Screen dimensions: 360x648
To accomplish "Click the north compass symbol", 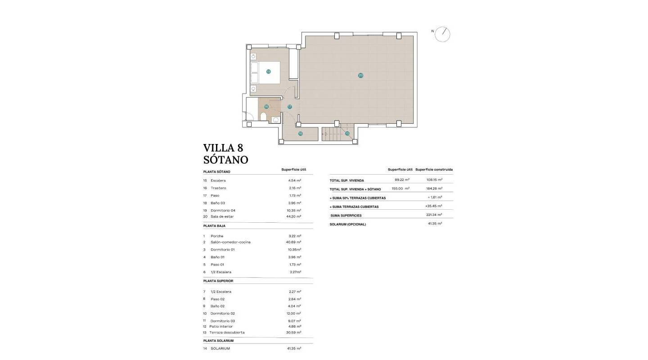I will pos(442,34).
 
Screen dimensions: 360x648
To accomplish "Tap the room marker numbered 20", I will pos(360,75).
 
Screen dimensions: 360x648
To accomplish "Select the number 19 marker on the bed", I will pos(268,72).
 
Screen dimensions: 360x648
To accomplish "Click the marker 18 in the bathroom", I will pos(266,107).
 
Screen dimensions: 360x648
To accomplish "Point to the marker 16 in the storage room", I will pos(300,133).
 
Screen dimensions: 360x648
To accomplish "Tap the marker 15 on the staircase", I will pos(347,133).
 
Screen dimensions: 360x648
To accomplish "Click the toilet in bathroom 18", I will pos(263,117).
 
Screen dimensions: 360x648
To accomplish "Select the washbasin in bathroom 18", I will pos(275,120).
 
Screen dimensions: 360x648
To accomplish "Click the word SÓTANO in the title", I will pos(225,160).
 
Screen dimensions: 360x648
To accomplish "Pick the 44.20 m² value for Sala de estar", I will pos(295,216).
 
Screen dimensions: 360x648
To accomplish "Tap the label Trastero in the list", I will pos(218,188).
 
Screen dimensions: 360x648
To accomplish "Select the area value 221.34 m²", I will pos(434,215).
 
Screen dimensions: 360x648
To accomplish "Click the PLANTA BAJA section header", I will pos(214,226).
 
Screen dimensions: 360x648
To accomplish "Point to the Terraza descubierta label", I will pos(227,333).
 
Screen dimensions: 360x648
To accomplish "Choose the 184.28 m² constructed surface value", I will pos(434,189).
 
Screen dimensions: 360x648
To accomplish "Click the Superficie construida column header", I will pos(434,170).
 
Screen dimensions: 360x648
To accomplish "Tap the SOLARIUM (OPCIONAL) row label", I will pos(348,224).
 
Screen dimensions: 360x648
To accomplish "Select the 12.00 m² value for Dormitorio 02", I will pos(294,313).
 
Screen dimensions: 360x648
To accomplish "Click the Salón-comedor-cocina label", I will pos(230,242).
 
